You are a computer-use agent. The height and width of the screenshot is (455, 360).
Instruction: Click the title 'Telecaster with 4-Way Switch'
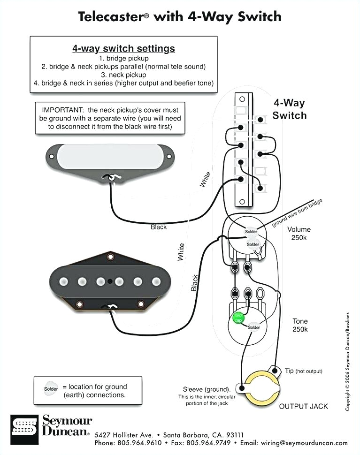pyautogui.click(x=180, y=17)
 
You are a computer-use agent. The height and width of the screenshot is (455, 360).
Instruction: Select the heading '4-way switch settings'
pyautogui.click(x=123, y=48)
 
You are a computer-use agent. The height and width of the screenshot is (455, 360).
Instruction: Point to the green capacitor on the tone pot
pyautogui.click(x=239, y=318)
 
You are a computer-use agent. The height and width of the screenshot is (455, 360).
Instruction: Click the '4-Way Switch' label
pyautogui.click(x=289, y=109)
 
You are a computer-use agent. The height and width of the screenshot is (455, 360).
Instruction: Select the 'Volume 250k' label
pyautogui.click(x=299, y=234)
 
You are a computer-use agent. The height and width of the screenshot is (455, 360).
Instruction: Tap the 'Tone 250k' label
pyautogui.click(x=300, y=325)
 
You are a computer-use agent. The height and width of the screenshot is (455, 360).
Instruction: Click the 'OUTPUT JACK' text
pyautogui.click(x=304, y=406)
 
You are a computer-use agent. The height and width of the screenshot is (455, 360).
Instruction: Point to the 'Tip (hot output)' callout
pyautogui.click(x=303, y=371)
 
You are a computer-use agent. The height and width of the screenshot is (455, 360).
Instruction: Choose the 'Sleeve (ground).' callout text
pyautogui.click(x=207, y=389)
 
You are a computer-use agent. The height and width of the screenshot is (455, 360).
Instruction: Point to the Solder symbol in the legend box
pyautogui.click(x=51, y=389)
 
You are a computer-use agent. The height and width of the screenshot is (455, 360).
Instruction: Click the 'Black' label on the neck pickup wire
pyautogui.click(x=159, y=227)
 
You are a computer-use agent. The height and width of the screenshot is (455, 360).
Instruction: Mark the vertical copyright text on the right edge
pyautogui.click(x=348, y=361)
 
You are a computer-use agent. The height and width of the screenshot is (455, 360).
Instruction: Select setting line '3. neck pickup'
pyautogui.click(x=123, y=75)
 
